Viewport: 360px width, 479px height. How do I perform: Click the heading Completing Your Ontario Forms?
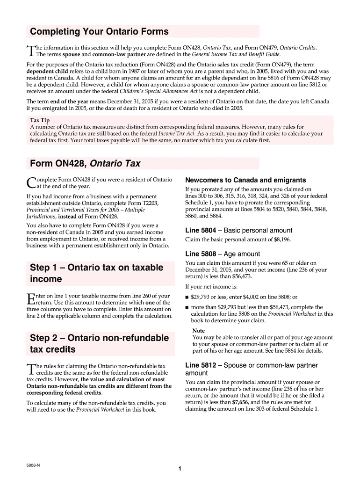pos(99,32)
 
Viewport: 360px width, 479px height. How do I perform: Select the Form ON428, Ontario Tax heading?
pos(85,163)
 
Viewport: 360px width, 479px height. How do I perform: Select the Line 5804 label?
pos(201,230)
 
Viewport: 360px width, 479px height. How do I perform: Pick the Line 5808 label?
pos(201,254)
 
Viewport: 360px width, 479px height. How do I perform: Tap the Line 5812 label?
pos(201,365)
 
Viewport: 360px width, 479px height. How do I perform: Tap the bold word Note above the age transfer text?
pos(198,331)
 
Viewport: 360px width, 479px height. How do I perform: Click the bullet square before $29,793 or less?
pos(187,298)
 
